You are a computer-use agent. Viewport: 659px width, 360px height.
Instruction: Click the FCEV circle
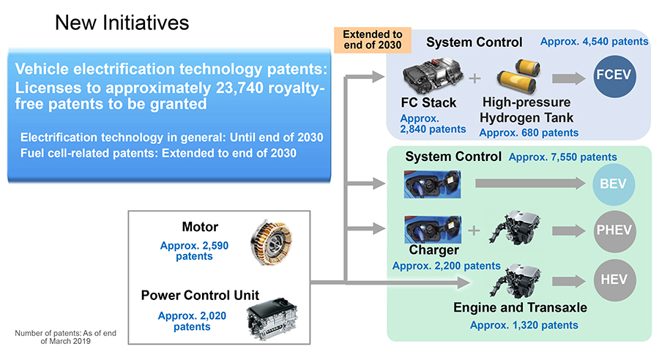(x=614, y=76)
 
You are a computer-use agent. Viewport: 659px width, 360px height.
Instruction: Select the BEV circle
(x=614, y=184)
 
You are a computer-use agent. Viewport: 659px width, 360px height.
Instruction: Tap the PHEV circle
(x=614, y=230)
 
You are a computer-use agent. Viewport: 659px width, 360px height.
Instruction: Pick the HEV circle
(x=614, y=280)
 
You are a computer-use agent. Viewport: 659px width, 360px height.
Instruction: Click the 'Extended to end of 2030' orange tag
(x=373, y=40)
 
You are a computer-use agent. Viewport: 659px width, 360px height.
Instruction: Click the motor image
(x=271, y=242)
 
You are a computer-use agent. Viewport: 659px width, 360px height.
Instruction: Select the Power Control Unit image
(x=272, y=319)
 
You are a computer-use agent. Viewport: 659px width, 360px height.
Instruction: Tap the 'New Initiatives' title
(x=122, y=23)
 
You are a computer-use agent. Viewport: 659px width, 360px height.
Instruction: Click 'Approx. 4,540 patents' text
(x=595, y=42)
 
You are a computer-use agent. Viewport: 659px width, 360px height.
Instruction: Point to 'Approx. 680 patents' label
(x=529, y=132)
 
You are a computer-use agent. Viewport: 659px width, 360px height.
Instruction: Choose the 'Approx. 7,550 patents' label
(x=563, y=157)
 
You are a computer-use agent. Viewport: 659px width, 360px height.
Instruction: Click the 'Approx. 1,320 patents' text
(x=524, y=325)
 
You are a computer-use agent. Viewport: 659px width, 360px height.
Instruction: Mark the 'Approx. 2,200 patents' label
(x=447, y=266)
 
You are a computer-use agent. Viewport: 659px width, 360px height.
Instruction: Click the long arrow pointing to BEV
(x=530, y=184)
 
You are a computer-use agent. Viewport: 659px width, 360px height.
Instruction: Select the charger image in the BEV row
(x=433, y=184)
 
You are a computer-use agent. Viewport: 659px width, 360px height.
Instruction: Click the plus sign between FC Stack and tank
(x=474, y=78)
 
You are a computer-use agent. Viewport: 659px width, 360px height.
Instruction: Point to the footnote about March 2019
(x=66, y=337)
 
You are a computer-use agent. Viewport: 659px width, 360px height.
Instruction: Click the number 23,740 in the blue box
(x=240, y=88)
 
